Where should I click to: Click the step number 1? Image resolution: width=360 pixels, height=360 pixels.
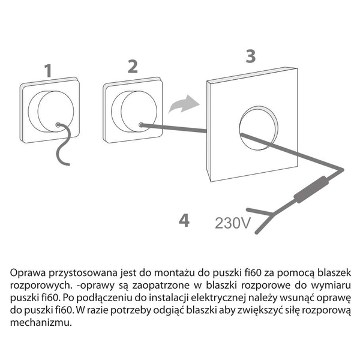point(49,70)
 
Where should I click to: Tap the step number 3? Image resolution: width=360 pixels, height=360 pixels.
point(250,56)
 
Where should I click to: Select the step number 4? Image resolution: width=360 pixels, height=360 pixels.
point(184,220)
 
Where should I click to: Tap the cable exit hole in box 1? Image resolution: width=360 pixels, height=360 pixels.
point(57,125)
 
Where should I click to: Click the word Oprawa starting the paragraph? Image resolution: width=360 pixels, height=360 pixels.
point(26,272)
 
